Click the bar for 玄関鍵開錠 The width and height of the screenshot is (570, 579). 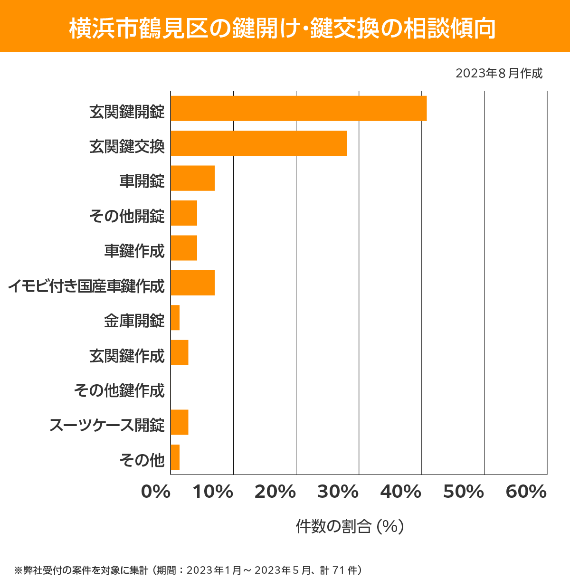pyautogui.click(x=298, y=108)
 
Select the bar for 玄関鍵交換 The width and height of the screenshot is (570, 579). pyautogui.click(x=259, y=143)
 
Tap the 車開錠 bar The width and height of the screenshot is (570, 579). pyautogui.click(x=192, y=178)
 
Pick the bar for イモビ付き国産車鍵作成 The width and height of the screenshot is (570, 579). pyautogui.click(x=192, y=283)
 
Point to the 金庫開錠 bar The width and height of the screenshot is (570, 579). pyautogui.click(x=175, y=318)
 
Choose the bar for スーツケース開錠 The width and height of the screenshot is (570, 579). pyautogui.click(x=180, y=422)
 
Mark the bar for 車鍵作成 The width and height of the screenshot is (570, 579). pyautogui.click(x=184, y=248)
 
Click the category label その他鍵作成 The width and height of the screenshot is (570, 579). pyautogui.click(x=119, y=390)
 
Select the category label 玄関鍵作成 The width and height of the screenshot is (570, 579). pyautogui.click(x=127, y=356)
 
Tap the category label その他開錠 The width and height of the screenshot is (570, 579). pyautogui.click(x=127, y=216)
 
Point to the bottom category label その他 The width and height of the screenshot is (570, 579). pyautogui.click(x=142, y=460)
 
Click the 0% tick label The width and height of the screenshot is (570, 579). pyautogui.click(x=156, y=492)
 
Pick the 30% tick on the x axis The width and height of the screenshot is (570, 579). pyautogui.click(x=338, y=492)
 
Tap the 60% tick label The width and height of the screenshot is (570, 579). pyautogui.click(x=526, y=492)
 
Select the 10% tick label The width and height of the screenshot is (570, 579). pyautogui.click(x=213, y=492)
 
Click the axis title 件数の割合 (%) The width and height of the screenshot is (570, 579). pyautogui.click(x=350, y=526)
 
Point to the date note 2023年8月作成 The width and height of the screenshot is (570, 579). pyautogui.click(x=499, y=74)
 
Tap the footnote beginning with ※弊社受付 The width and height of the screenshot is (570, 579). pyautogui.click(x=188, y=570)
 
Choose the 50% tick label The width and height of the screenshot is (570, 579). pyautogui.click(x=463, y=492)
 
